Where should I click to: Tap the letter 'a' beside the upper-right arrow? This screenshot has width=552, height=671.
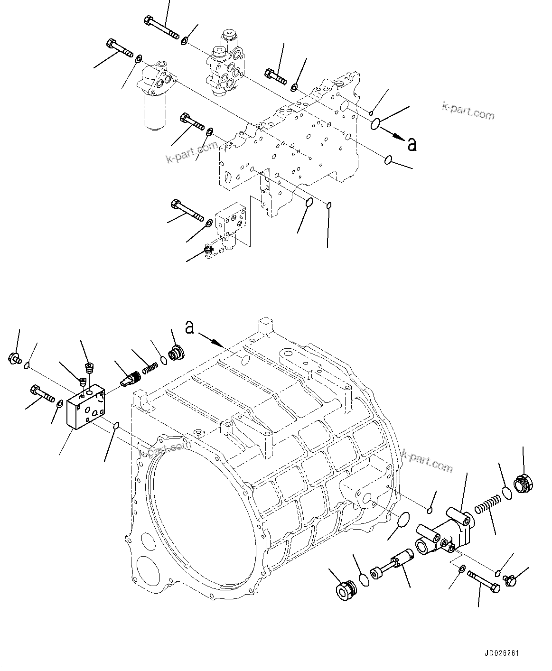point(412,144)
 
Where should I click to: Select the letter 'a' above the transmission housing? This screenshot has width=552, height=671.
point(190,327)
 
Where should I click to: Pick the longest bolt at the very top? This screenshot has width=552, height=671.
point(161,28)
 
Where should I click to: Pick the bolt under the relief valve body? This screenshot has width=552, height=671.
point(483,581)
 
